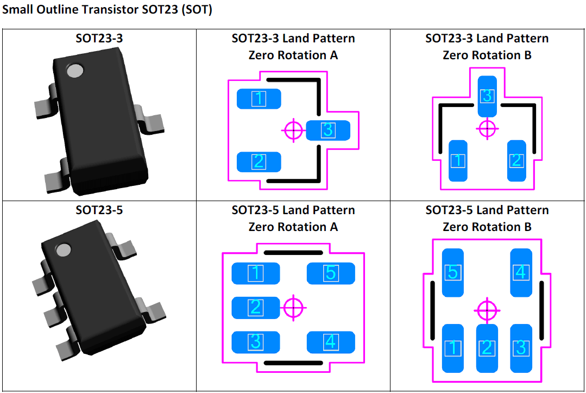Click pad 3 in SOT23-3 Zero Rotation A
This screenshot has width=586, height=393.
click(x=327, y=130)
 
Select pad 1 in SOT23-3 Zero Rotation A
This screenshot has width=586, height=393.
click(x=259, y=98)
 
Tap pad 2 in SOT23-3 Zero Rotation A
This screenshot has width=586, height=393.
click(x=259, y=162)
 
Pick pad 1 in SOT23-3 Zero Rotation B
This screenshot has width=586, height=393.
click(x=458, y=160)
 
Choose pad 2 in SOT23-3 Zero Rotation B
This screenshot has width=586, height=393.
click(x=516, y=160)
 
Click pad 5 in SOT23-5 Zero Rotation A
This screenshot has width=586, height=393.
click(x=331, y=273)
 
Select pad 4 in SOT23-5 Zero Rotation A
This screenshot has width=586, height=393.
click(x=331, y=342)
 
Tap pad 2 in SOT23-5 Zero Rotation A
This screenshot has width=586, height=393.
click(x=255, y=308)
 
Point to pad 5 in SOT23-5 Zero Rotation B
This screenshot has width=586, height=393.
click(x=452, y=272)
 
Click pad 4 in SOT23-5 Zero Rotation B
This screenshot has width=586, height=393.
click(x=521, y=272)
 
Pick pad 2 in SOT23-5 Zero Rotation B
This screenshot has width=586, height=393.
click(x=487, y=348)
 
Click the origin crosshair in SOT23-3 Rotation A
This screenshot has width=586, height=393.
click(x=293, y=130)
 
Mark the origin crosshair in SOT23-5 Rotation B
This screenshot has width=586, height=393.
click(x=487, y=310)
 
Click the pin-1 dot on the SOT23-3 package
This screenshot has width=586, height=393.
click(x=75, y=71)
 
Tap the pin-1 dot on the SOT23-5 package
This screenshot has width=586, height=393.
click(x=64, y=249)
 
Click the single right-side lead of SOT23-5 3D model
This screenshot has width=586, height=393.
click(x=150, y=311)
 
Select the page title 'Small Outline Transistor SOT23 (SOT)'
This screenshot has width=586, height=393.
click(x=106, y=10)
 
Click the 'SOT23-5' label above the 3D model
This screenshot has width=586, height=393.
click(x=99, y=210)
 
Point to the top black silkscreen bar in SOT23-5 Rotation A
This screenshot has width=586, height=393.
click(x=293, y=253)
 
